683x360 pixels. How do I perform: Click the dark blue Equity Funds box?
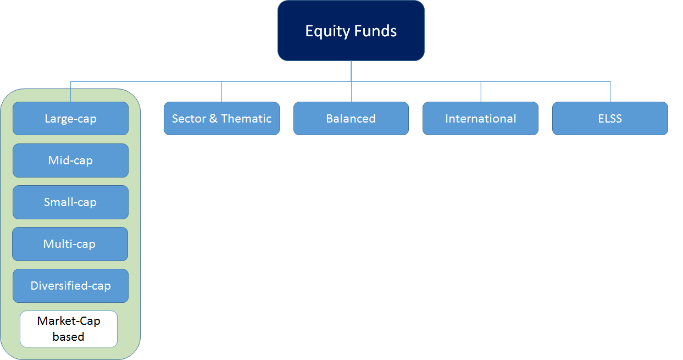tap(351, 31)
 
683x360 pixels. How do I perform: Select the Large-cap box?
tap(70, 118)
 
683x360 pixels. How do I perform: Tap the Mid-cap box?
tap(70, 160)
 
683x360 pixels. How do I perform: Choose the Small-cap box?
tap(70, 202)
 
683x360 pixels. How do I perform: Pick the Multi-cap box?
tap(70, 244)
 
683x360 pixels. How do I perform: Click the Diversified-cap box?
tap(70, 286)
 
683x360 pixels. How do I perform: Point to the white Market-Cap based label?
tap(69, 329)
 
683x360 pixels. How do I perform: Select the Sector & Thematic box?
tap(221, 118)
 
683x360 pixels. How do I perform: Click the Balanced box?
tap(351, 118)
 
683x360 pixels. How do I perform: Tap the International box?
tap(481, 118)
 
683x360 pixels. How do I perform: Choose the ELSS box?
tap(610, 118)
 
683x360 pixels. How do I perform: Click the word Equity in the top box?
tap(328, 31)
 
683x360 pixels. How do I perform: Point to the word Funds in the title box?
tap(376, 31)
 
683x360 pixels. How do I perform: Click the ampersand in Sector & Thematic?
tap(213, 119)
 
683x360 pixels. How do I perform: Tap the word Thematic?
tap(246, 119)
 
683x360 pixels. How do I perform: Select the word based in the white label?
tap(68, 337)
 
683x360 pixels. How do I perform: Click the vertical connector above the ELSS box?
tap(610, 92)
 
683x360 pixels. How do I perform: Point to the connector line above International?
tap(481, 92)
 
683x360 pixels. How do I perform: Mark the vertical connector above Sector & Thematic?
tap(221, 92)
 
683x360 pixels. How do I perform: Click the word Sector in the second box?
tap(189, 119)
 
